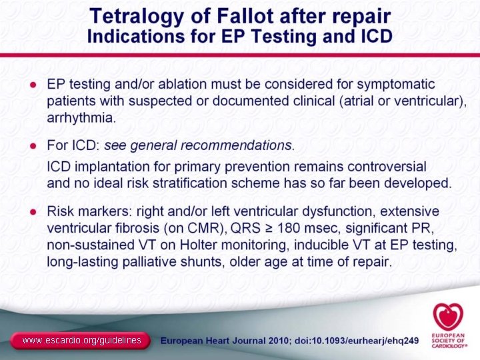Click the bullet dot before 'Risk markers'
[x=32, y=212]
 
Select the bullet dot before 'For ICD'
[x=32, y=146]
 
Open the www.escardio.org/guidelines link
[x=81, y=341]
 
